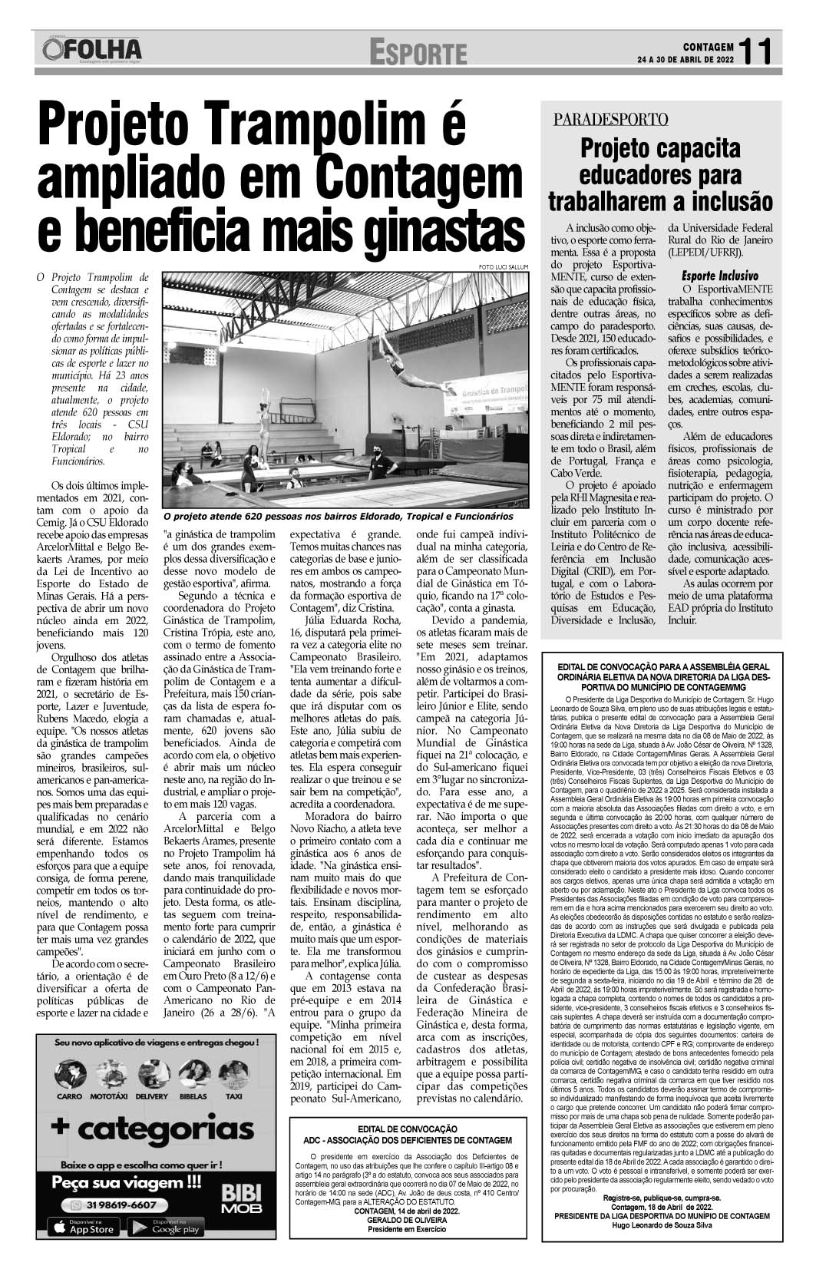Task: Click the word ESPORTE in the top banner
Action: tap(418, 53)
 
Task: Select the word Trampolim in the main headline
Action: tap(309, 126)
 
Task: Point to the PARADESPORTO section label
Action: tap(610, 119)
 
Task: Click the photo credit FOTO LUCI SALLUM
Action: tap(503, 266)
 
